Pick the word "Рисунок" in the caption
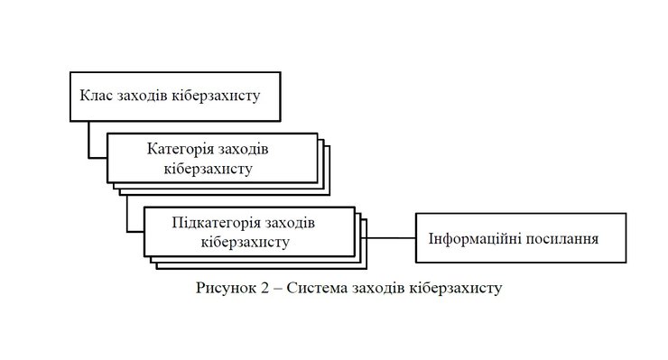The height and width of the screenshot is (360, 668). [x=221, y=288]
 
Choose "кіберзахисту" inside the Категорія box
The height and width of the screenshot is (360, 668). [x=209, y=167]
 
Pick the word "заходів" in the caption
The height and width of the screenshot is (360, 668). [x=380, y=288]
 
